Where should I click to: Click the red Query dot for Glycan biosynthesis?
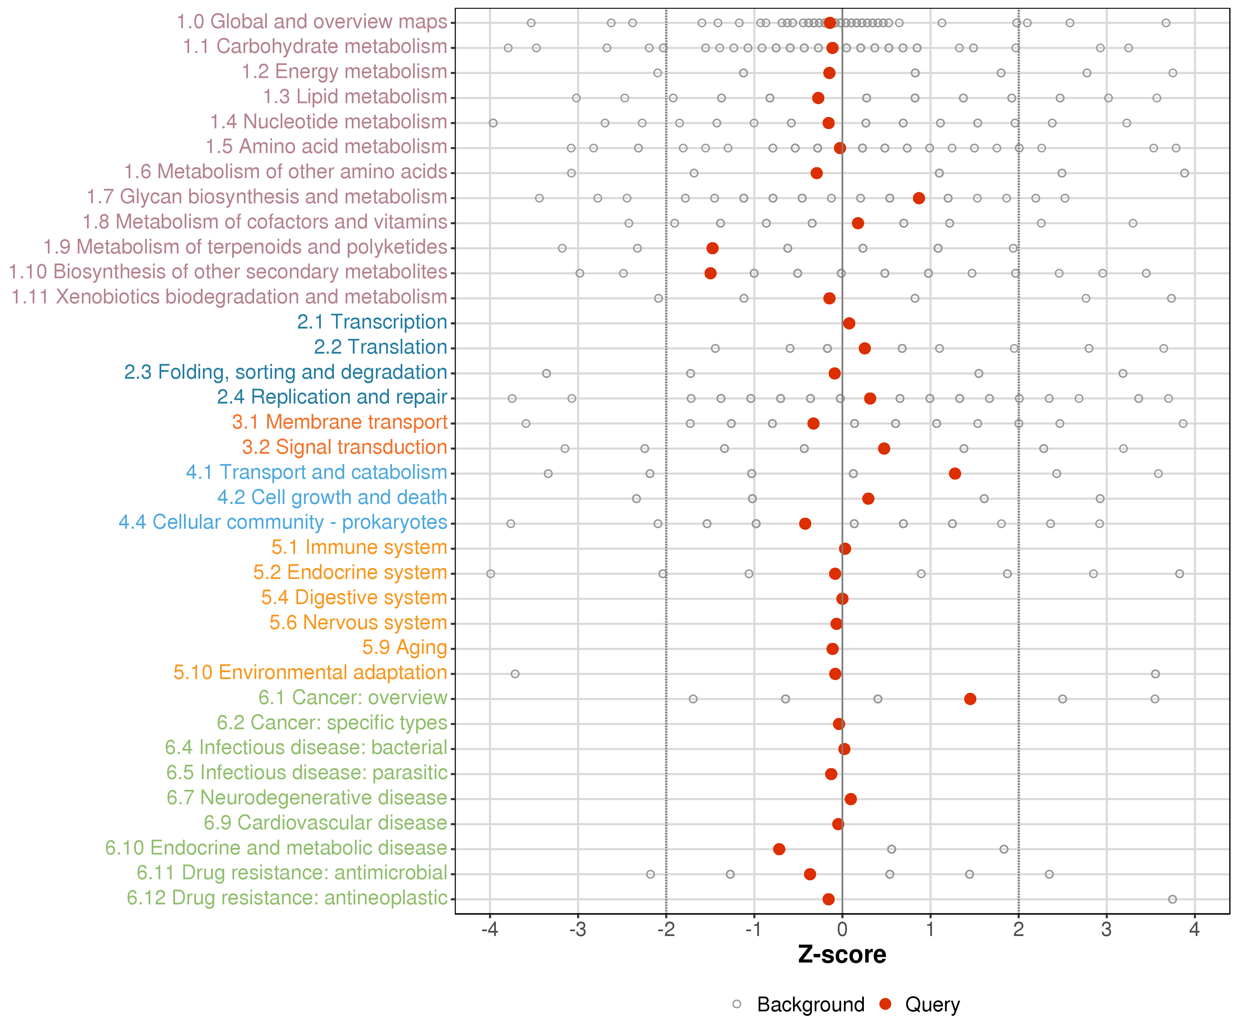919,198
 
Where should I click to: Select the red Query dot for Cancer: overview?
970,699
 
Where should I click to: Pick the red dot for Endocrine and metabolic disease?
779,849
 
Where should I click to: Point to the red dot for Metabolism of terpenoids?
712,248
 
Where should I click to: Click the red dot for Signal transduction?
884,449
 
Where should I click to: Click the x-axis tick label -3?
578,930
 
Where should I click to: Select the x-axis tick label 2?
1019,930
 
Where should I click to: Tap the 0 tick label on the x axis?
842,930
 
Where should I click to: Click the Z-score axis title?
842,955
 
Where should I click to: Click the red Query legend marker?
885,1004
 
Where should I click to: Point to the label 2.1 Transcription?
372,322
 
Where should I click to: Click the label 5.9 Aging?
404,647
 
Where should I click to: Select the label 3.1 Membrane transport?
339,422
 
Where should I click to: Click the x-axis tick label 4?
1194,930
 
